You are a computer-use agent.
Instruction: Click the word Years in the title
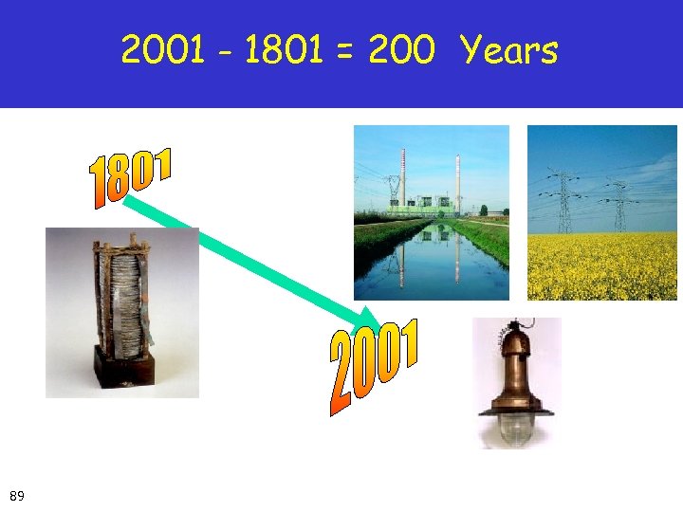click(x=509, y=51)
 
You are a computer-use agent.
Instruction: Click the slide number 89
click(x=17, y=495)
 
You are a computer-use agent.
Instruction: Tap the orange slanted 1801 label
click(x=131, y=177)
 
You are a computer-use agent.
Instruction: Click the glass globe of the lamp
click(x=518, y=432)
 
